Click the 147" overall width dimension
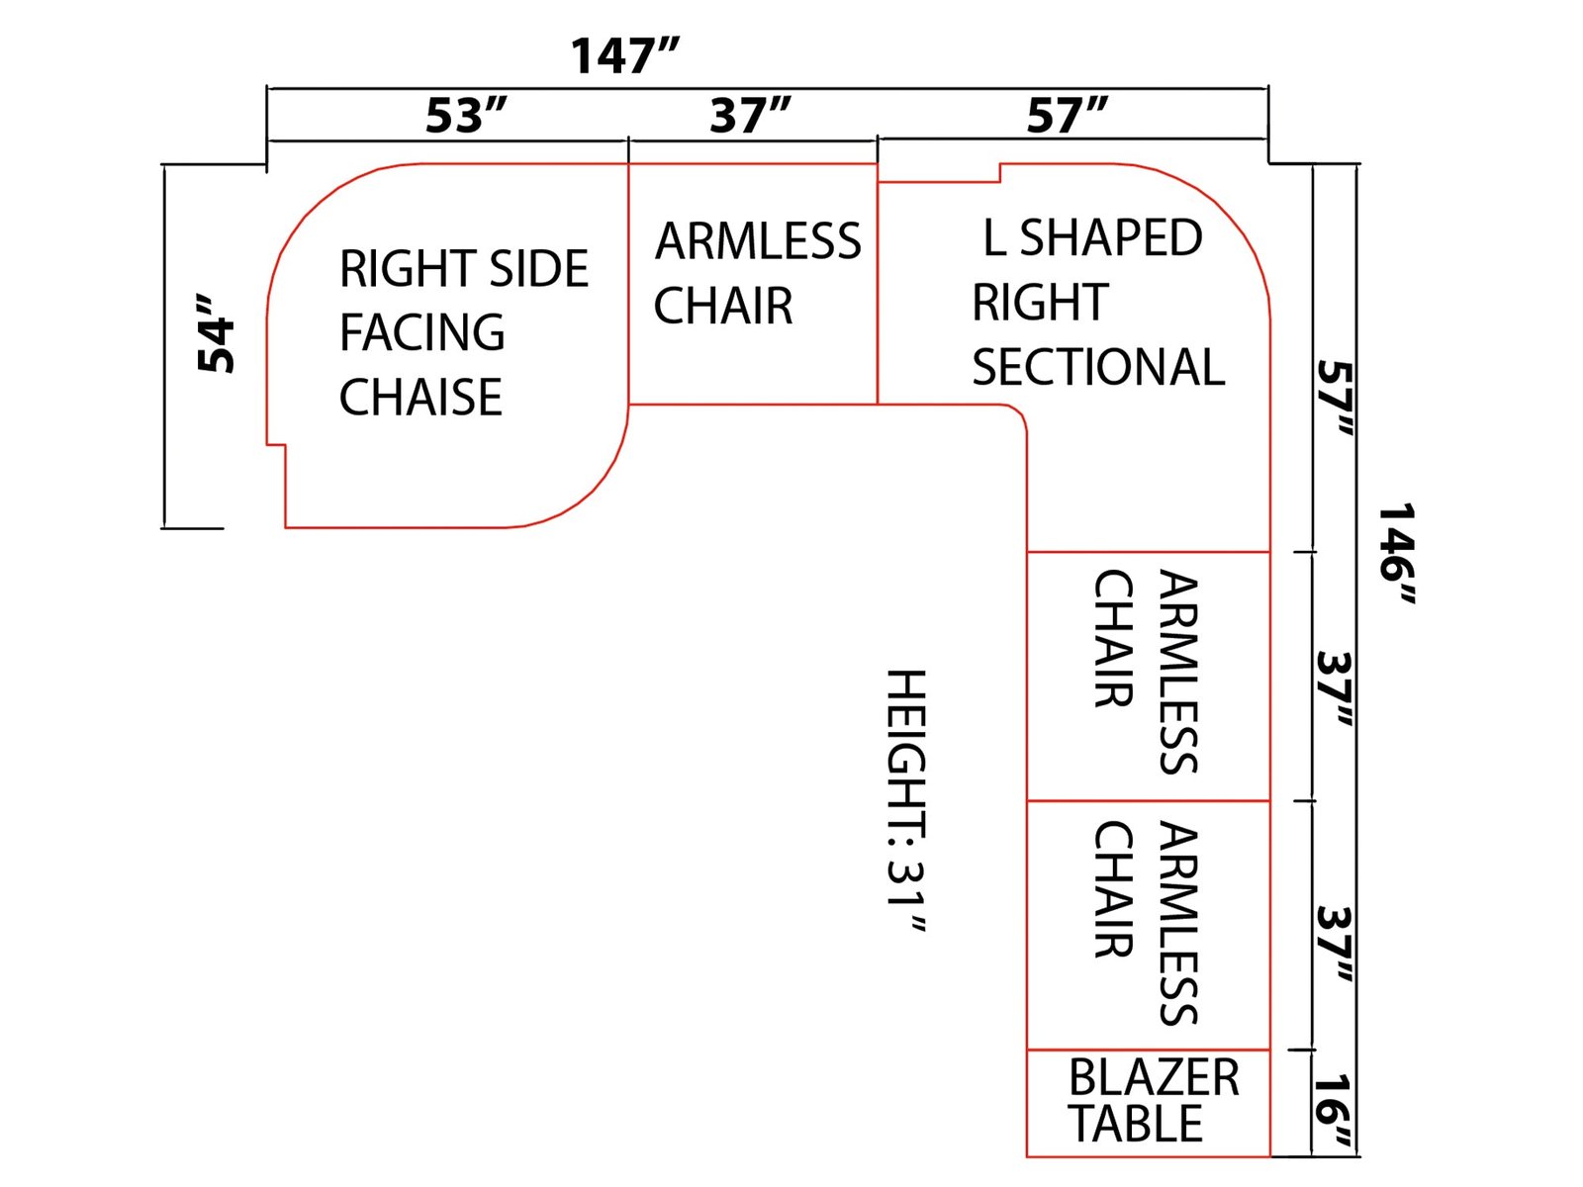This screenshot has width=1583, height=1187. click(624, 56)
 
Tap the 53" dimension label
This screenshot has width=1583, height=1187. click(466, 116)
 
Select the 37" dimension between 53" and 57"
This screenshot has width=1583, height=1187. click(750, 116)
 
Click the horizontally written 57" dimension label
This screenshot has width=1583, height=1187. click(1067, 116)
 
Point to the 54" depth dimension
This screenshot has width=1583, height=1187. click(216, 333)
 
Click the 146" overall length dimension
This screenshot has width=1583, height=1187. click(1397, 554)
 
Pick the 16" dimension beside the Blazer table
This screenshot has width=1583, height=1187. click(1333, 1111)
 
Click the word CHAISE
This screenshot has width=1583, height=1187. click(420, 397)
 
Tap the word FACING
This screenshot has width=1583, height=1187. click(421, 332)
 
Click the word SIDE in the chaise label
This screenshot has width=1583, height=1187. click(539, 268)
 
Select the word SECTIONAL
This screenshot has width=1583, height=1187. click(1097, 367)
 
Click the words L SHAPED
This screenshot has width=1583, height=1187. click(1093, 237)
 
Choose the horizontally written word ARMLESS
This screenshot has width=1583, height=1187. click(758, 240)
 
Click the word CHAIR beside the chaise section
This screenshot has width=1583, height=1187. click(723, 306)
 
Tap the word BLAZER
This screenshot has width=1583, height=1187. click(1154, 1078)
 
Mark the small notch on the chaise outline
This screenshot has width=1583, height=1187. click(276, 445)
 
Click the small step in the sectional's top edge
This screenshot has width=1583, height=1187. click(999, 173)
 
